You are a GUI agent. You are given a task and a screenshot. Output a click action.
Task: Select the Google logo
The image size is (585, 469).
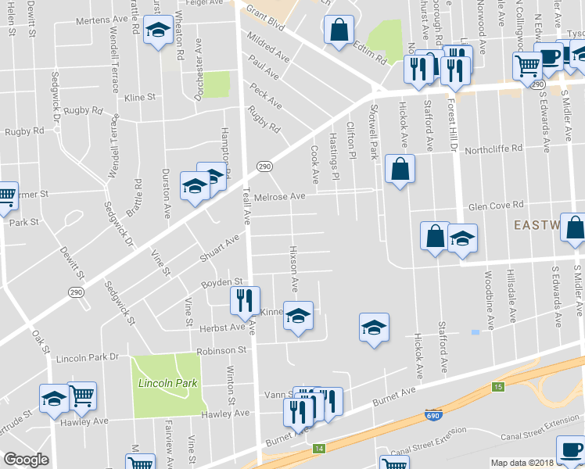(26, 460)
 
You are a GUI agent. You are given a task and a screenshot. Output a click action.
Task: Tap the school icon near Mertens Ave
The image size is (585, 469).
(159, 31)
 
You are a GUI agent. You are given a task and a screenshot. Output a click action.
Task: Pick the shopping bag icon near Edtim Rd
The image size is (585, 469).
(339, 31)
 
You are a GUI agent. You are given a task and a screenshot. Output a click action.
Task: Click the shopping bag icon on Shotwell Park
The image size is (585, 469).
(400, 169)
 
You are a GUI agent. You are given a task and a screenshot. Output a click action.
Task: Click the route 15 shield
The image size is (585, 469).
(498, 387)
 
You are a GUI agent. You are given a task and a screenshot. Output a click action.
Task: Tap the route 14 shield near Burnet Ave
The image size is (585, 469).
(318, 448)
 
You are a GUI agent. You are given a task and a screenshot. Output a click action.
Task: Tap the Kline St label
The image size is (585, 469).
(140, 98)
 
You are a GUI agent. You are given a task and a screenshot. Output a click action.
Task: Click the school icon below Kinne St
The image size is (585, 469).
(297, 317)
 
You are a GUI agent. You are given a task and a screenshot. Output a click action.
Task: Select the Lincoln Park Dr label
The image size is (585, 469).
(87, 358)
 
